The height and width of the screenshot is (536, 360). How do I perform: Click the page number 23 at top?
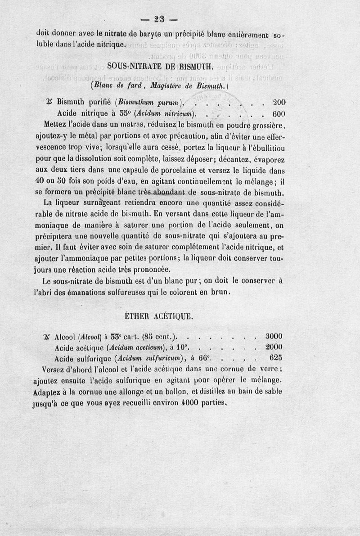160,19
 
